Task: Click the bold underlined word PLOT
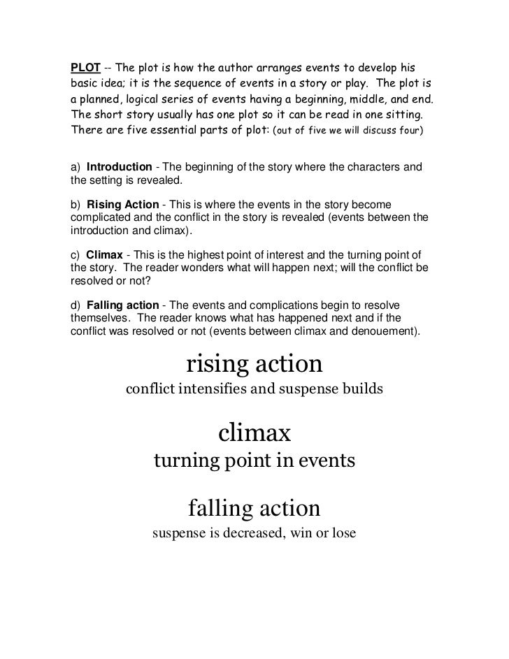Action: pos(85,68)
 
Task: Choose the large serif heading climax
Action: pos(254,434)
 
